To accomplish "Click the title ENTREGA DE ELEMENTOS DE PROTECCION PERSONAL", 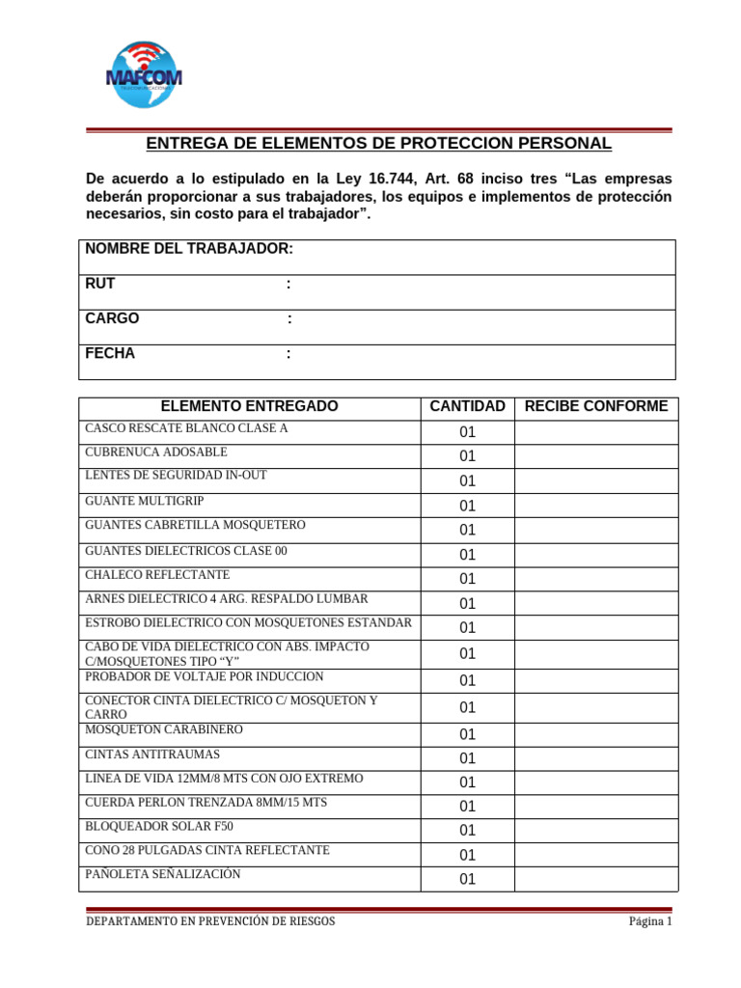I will [x=378, y=144].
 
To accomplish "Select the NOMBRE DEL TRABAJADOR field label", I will [x=189, y=249].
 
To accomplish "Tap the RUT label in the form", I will [x=100, y=284].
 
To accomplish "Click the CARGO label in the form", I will [x=112, y=318].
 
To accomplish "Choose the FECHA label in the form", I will [x=110, y=353].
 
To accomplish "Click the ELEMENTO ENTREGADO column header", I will [x=249, y=406].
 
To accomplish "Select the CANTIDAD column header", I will [x=467, y=406].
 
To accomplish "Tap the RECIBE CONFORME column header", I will [x=595, y=406].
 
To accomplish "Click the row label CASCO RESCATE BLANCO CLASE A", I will [x=186, y=427].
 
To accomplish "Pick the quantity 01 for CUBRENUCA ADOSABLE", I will [x=467, y=456].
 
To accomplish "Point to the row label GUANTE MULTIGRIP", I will [x=145, y=501].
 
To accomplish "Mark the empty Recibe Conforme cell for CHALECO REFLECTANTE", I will [x=595, y=579].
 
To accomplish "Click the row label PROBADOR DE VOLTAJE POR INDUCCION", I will [x=205, y=676].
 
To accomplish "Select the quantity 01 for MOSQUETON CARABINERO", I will [x=467, y=734].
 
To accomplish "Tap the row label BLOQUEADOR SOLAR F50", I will [x=159, y=826].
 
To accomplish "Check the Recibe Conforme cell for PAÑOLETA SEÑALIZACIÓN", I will [x=595, y=879].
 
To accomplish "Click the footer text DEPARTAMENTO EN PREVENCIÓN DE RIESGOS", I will [x=210, y=921].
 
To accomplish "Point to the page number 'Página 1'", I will [x=649, y=921].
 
